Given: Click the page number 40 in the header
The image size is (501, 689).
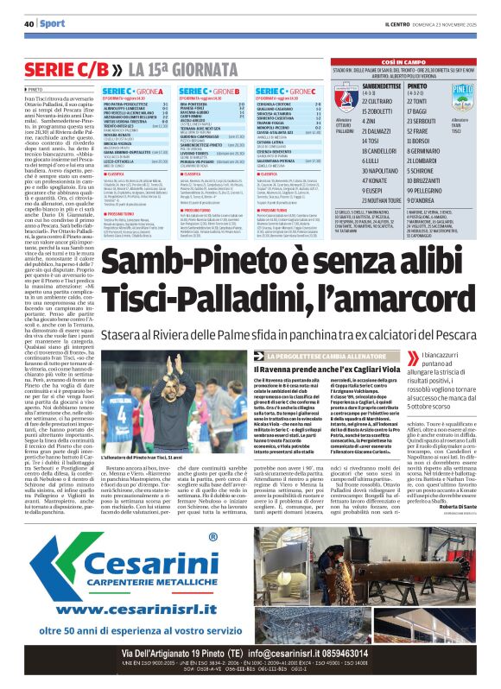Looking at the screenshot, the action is [x=29, y=23].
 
